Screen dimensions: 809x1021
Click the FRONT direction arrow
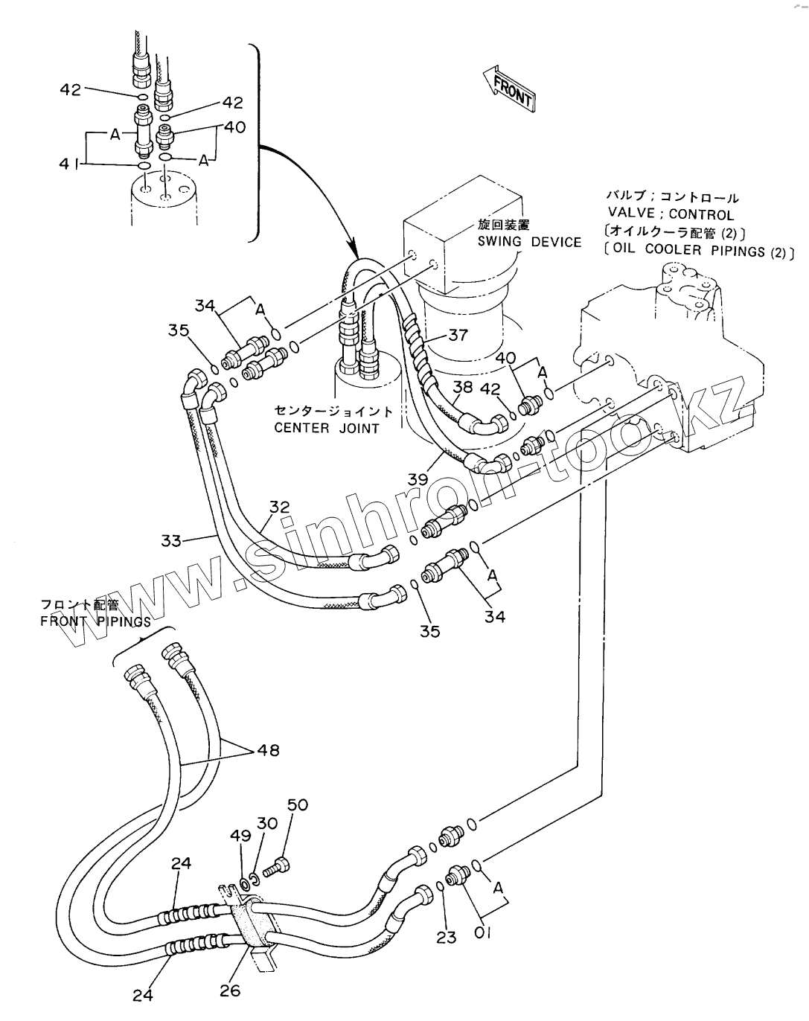point(509,89)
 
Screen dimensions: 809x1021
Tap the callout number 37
point(458,336)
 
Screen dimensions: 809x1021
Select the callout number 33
point(171,540)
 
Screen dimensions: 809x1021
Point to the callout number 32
point(280,507)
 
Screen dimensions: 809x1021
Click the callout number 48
point(269,750)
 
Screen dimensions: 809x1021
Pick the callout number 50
point(298,805)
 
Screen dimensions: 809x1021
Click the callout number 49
point(240,836)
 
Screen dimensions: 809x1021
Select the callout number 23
point(446,937)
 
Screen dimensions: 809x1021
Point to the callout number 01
point(482,933)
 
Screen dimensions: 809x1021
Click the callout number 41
point(69,164)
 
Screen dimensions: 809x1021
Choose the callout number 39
point(418,479)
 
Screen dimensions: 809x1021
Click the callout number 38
point(463,387)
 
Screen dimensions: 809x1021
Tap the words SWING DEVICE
point(529,242)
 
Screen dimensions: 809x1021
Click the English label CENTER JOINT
point(327,428)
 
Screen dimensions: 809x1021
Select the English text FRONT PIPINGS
point(95,621)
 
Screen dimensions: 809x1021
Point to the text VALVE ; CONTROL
point(671,214)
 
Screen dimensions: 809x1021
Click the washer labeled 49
point(246,883)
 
